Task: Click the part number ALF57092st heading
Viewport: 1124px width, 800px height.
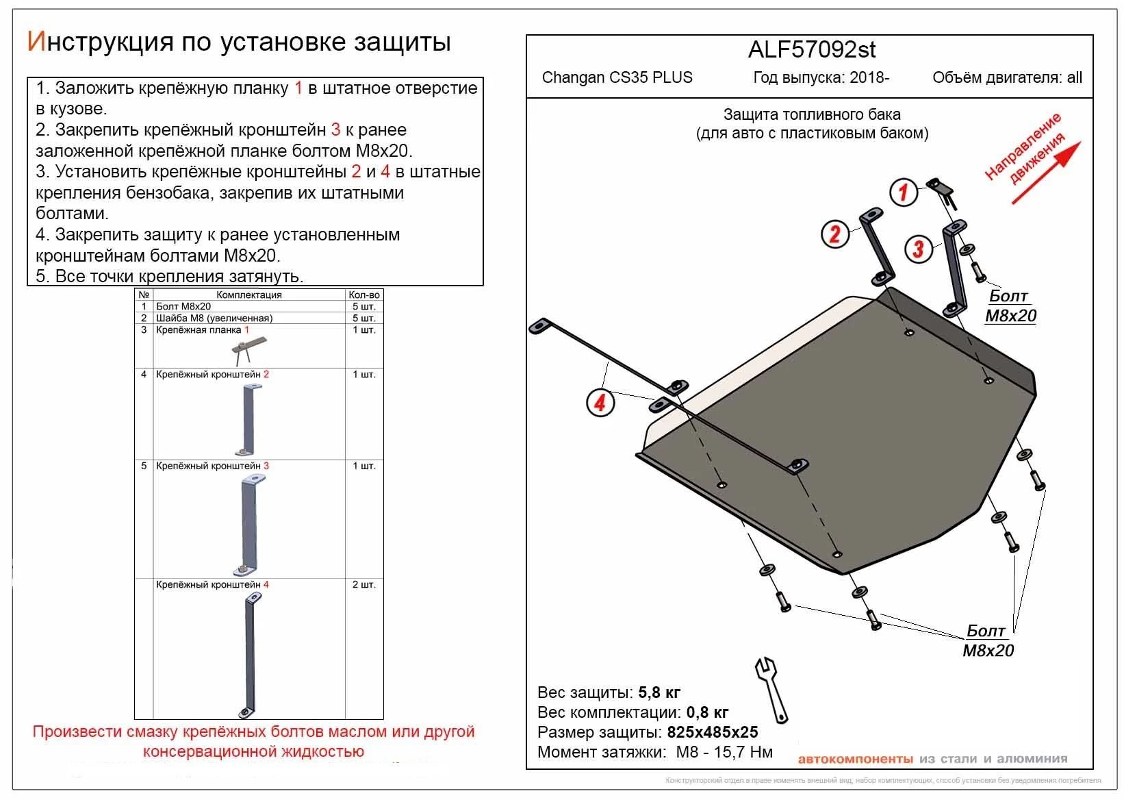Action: click(x=812, y=50)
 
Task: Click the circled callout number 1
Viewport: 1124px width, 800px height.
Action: click(x=903, y=192)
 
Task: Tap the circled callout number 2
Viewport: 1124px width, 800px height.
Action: click(x=834, y=234)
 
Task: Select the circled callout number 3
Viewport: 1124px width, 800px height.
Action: click(x=918, y=249)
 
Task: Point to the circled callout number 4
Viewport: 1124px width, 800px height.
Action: click(x=600, y=402)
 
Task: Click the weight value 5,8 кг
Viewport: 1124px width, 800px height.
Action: click(x=659, y=692)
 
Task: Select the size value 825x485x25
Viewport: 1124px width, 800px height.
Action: click(x=713, y=732)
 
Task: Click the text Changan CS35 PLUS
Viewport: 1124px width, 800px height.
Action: click(x=617, y=77)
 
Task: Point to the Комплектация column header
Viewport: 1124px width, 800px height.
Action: click(x=248, y=295)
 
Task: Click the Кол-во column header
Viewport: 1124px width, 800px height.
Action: click(x=363, y=295)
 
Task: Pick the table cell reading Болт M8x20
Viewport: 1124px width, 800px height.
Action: click(x=183, y=306)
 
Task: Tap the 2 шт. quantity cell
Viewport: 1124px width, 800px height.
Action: click(x=363, y=585)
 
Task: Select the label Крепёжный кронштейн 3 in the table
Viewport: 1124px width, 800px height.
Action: click(x=212, y=466)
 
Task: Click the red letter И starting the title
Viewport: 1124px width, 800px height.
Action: click(x=36, y=42)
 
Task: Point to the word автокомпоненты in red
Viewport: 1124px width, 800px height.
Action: click(x=855, y=759)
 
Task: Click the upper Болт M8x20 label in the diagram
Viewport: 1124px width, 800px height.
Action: click(x=1010, y=305)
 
